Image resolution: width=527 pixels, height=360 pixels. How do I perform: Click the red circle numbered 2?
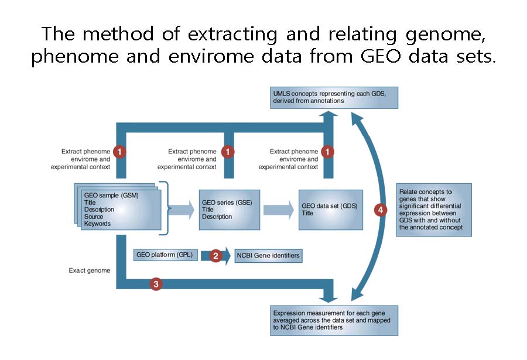point(215,256)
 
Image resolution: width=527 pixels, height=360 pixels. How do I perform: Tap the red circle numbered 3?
point(156,284)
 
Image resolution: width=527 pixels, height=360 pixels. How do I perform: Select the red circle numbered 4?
point(381,210)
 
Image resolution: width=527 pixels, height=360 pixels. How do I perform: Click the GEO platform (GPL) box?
point(165,255)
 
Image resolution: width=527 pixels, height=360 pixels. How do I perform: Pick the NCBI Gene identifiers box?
point(268,255)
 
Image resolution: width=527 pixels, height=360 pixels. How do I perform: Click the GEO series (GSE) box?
point(229,210)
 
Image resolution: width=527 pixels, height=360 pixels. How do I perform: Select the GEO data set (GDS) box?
point(331,210)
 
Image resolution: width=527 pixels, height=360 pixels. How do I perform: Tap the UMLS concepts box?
point(334,98)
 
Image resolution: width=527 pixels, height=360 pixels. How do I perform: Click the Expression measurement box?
point(334,320)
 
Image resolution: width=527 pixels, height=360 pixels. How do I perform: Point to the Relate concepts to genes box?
point(434,210)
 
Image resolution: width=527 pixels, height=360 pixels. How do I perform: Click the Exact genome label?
point(90,270)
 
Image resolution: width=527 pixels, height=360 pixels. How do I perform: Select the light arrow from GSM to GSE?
point(182,210)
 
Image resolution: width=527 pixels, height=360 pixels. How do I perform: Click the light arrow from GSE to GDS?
point(279,210)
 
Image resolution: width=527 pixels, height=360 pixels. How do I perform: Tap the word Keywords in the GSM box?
point(97,224)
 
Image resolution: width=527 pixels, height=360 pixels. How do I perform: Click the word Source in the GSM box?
point(94,217)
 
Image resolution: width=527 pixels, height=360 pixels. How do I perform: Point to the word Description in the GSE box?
point(217,217)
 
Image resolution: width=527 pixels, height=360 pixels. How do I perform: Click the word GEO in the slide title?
point(381,56)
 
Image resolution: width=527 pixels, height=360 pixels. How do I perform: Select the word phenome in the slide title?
point(75,57)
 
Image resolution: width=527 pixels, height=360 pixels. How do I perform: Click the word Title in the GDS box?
point(307,213)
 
